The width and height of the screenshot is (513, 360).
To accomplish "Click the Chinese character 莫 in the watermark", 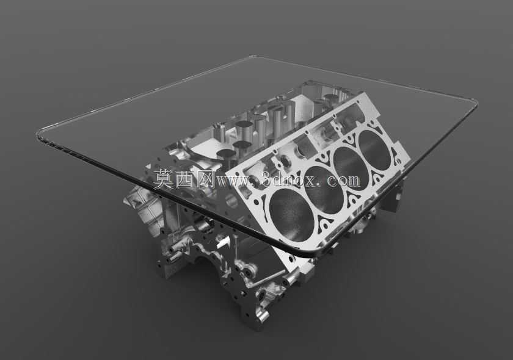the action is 164,179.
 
